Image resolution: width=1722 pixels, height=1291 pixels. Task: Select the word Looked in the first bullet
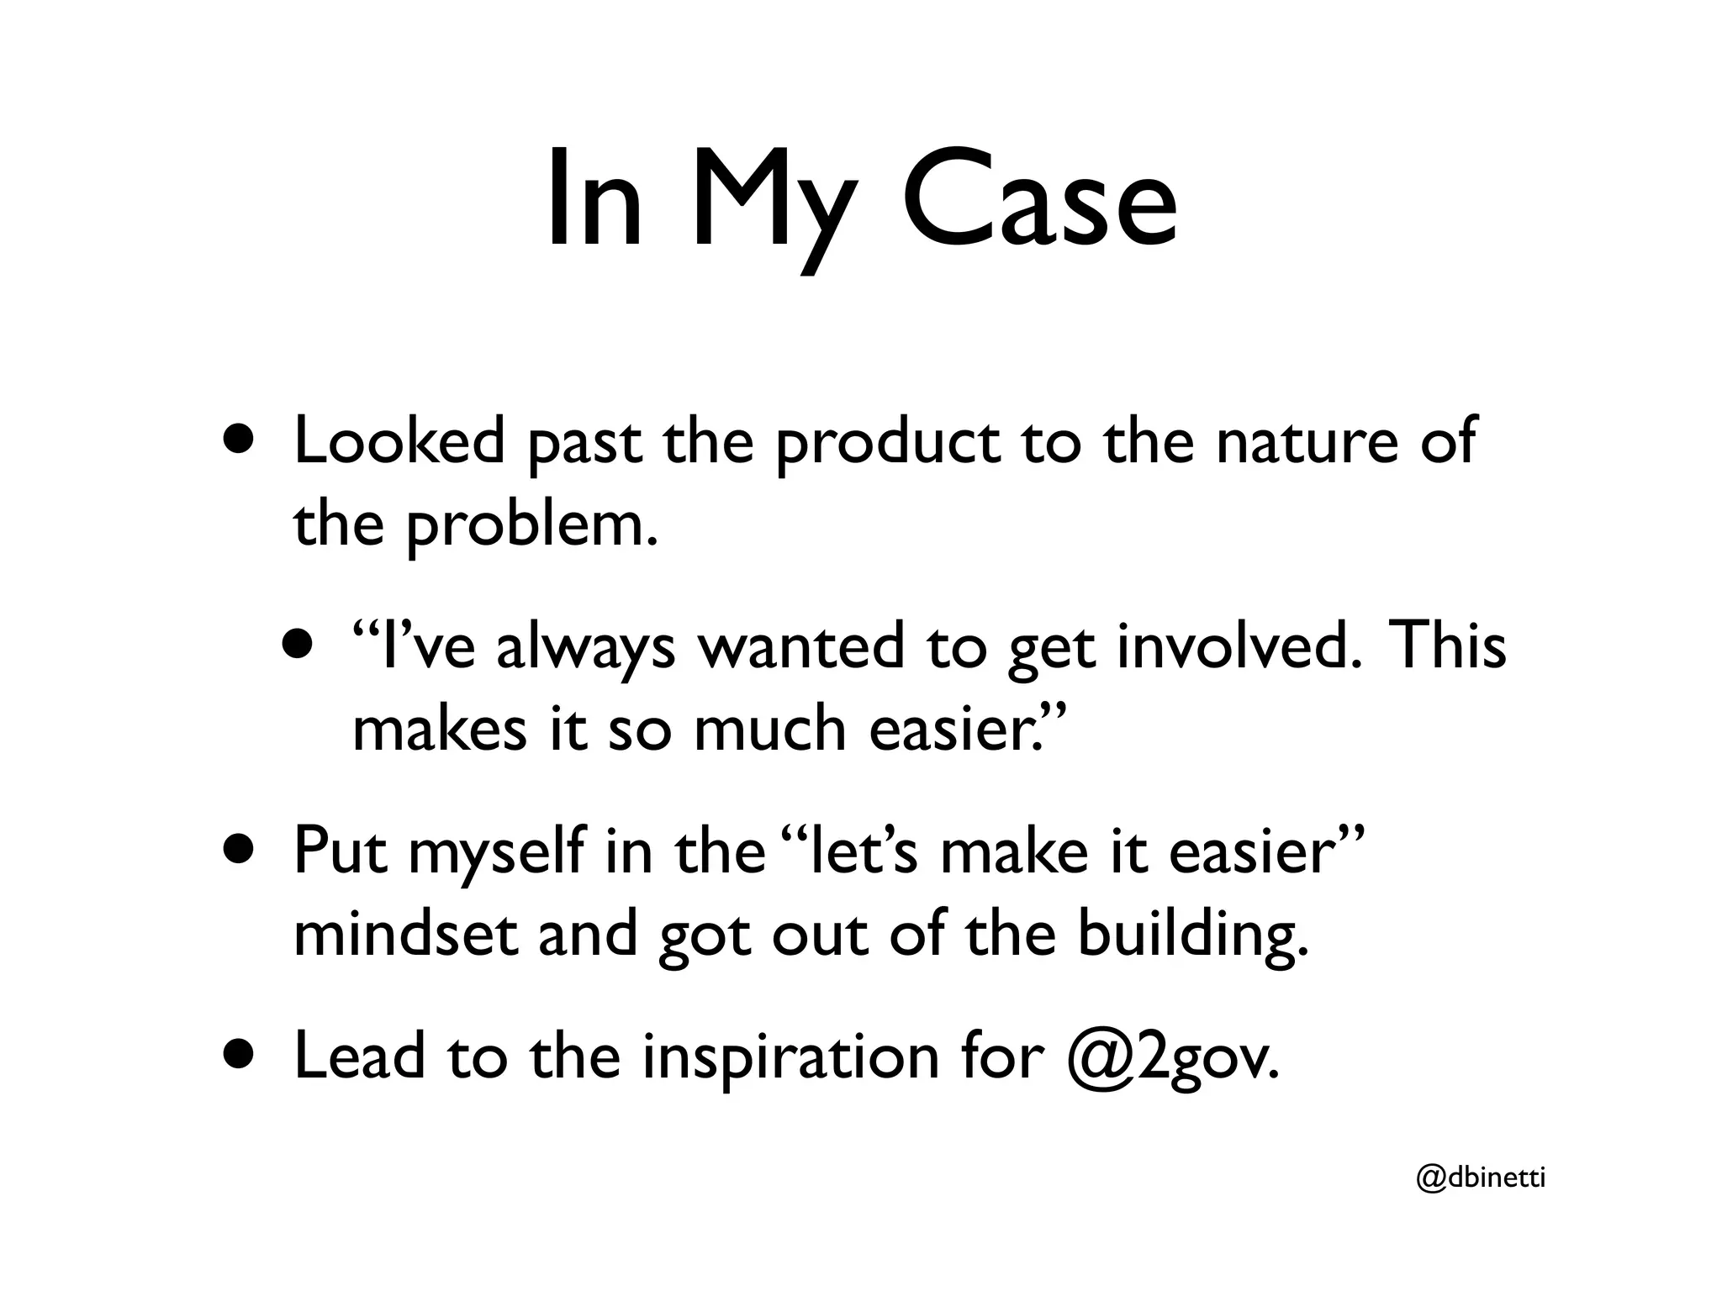(399, 442)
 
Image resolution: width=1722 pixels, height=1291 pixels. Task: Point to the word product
(888, 445)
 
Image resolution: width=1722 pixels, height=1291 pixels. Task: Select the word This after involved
(1450, 646)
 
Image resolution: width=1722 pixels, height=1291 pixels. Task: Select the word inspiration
(790, 1057)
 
